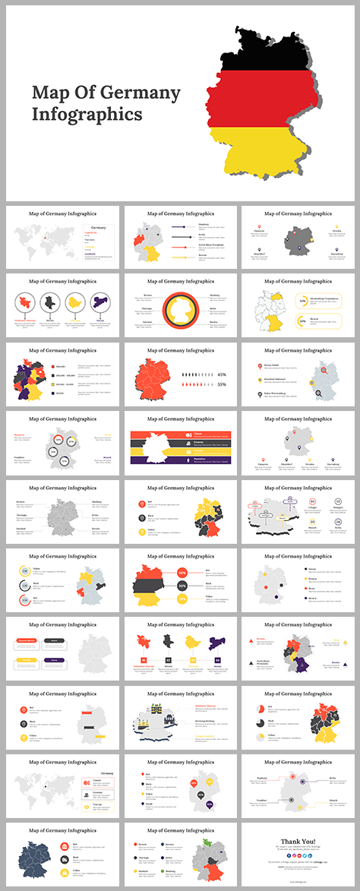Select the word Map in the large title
(x=49, y=93)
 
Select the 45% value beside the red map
(x=222, y=374)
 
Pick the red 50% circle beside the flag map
(x=182, y=573)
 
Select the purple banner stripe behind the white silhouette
(x=179, y=460)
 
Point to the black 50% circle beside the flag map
(x=182, y=586)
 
